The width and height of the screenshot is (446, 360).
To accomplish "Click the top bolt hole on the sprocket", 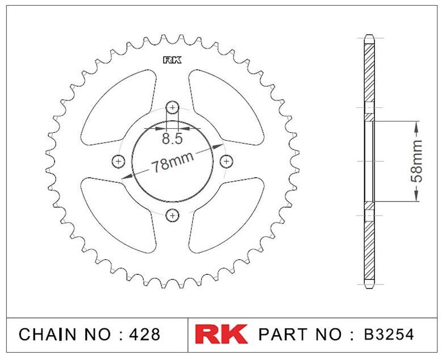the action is click(x=172, y=107).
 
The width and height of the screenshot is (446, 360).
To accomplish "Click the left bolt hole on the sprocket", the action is click(x=119, y=162).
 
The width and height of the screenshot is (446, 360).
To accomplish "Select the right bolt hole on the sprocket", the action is click(x=226, y=162).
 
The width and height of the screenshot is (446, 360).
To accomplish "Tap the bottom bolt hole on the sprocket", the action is click(x=172, y=215).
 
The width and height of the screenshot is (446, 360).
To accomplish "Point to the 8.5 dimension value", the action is click(x=172, y=139).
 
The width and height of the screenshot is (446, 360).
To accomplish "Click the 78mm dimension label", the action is click(x=172, y=162).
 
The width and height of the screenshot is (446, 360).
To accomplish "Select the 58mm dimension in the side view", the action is click(x=416, y=161).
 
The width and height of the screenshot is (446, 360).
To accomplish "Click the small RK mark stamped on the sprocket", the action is click(x=172, y=60).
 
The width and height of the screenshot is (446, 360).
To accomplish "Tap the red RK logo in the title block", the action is click(x=221, y=334).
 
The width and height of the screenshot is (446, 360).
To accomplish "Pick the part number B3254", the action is click(x=389, y=334).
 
